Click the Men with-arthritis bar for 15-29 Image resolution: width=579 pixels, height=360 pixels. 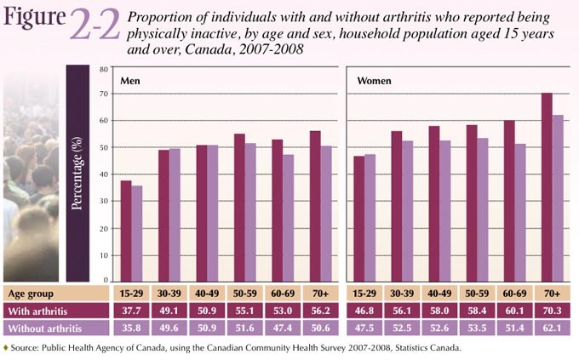(x=125, y=231)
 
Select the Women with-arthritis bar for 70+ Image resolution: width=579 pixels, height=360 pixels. (x=547, y=187)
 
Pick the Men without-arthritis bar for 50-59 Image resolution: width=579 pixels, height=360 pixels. (x=250, y=212)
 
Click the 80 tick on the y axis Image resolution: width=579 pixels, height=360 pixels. (x=103, y=69)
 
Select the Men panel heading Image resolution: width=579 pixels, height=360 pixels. (x=130, y=82)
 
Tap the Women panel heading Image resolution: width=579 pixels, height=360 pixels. (x=374, y=82)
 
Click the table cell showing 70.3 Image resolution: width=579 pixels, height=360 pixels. (x=553, y=311)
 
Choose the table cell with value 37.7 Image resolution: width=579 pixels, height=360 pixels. (x=131, y=311)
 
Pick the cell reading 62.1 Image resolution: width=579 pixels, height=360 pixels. (x=553, y=327)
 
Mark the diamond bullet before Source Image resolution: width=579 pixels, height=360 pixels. (x=6, y=348)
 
